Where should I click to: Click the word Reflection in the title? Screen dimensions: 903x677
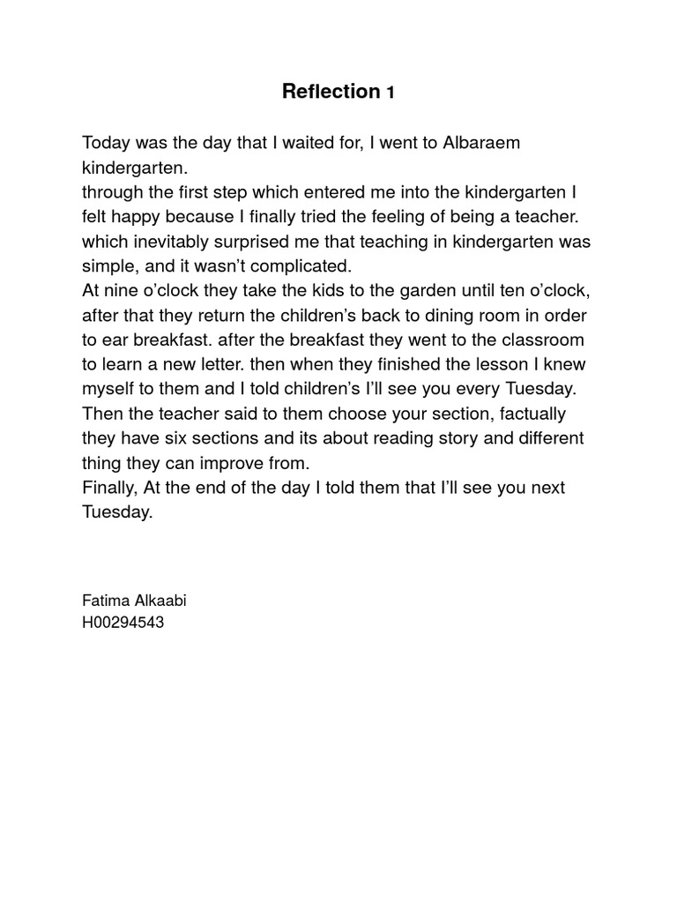pyautogui.click(x=330, y=91)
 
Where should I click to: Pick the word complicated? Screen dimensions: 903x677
pyautogui.click(x=284, y=265)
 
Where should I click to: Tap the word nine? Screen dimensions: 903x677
pyautogui.click(x=123, y=290)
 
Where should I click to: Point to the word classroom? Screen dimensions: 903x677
pyautogui.click(x=528, y=340)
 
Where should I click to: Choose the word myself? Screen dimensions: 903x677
pyautogui.click(x=109, y=389)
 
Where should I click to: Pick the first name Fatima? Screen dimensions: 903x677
pyautogui.click(x=105, y=601)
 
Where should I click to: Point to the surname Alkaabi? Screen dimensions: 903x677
pyautogui.click(x=159, y=601)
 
